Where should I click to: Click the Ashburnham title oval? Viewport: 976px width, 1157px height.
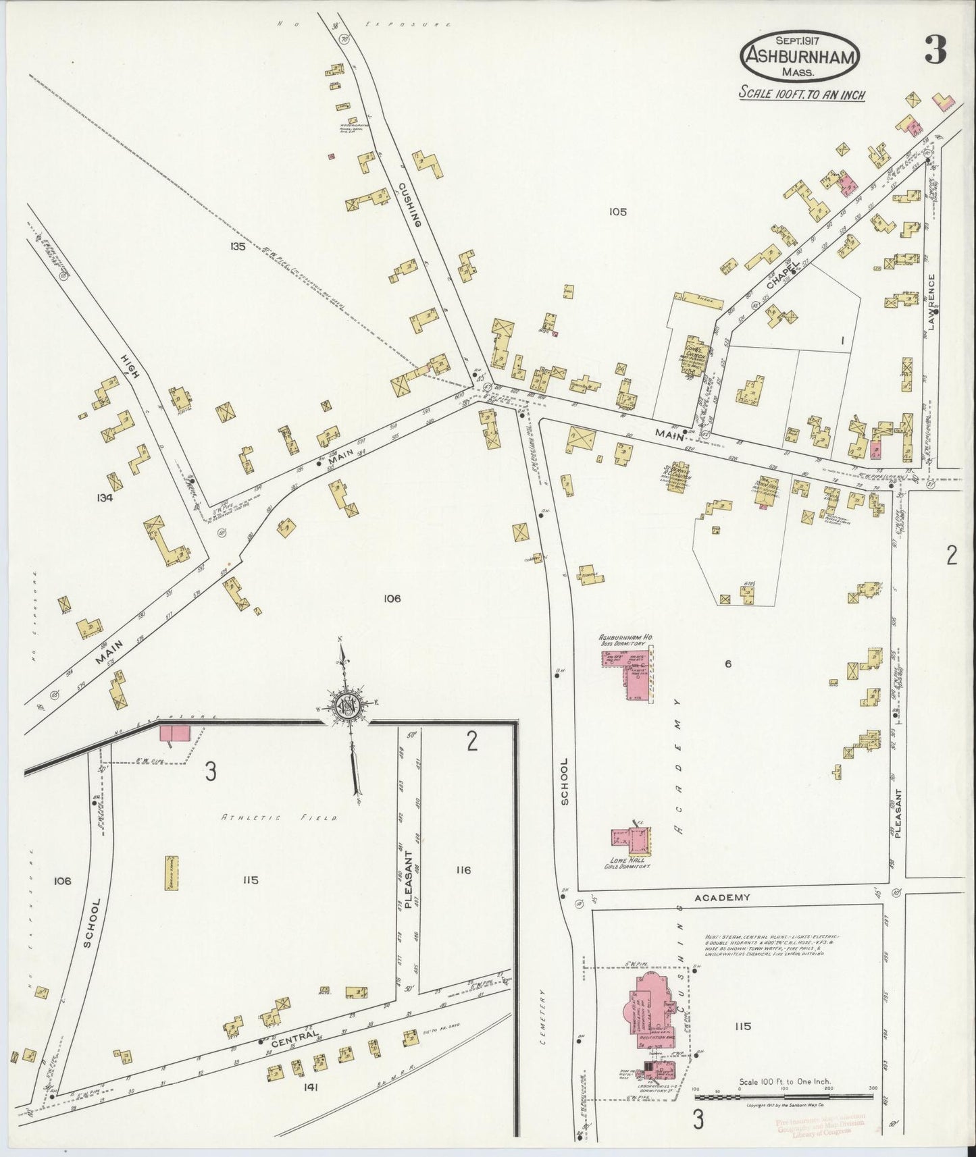(x=801, y=58)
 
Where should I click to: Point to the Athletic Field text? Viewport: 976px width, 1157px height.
(x=280, y=817)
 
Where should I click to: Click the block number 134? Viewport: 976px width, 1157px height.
(x=105, y=498)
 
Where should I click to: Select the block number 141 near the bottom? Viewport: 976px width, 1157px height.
(x=310, y=1087)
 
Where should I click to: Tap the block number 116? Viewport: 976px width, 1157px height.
(x=463, y=870)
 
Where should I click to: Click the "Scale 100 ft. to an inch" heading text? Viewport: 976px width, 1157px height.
(x=802, y=94)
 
